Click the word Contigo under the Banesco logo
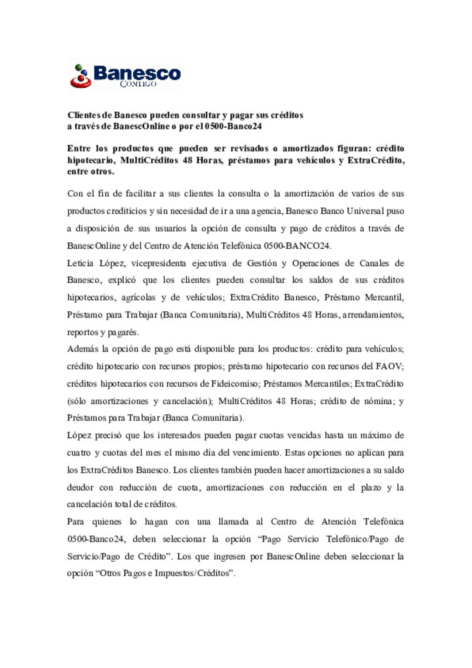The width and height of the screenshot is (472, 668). point(138,83)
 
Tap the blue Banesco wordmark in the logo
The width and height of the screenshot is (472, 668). point(137,73)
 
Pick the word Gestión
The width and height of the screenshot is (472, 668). point(262,263)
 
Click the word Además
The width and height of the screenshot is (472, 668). point(82,349)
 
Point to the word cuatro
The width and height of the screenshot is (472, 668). point(79,453)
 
